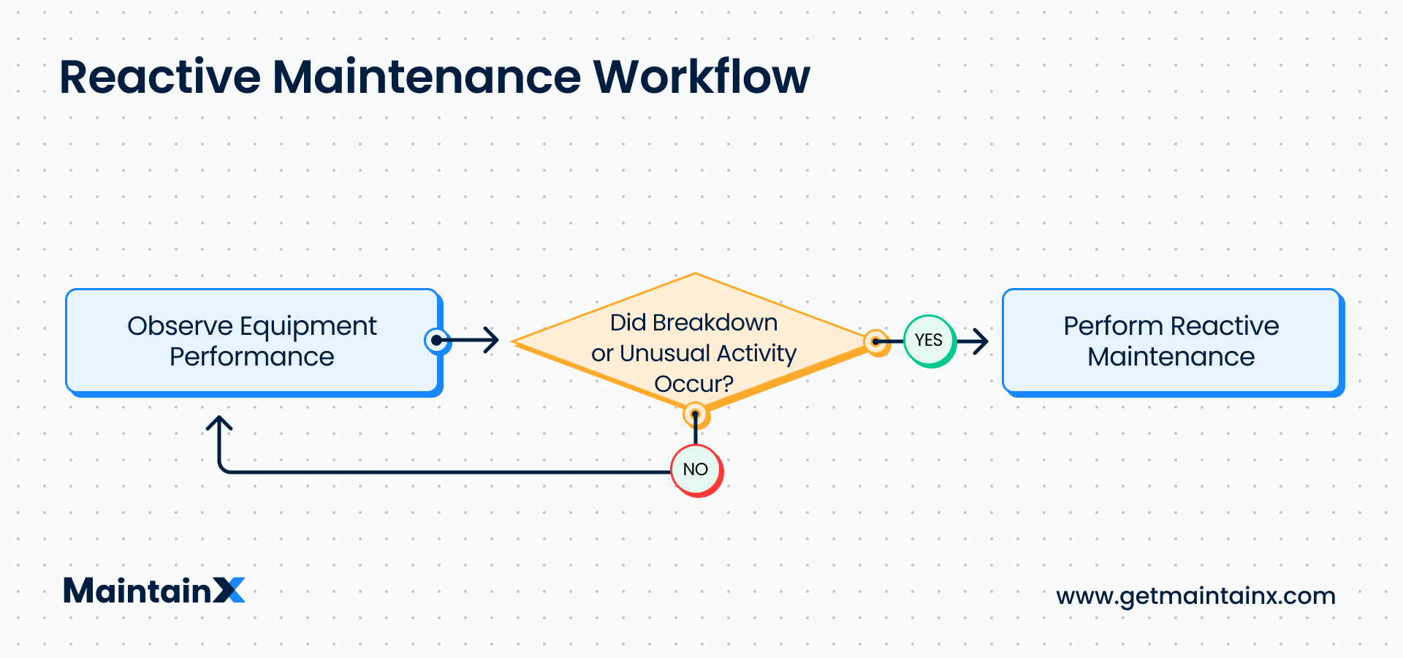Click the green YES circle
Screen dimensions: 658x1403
point(929,341)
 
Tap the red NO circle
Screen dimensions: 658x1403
point(696,469)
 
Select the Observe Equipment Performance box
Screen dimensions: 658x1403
point(252,341)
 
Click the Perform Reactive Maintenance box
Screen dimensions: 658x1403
point(1171,341)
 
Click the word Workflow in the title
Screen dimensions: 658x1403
point(701,77)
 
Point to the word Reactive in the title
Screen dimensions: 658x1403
point(160,77)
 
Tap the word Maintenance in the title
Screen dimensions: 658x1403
point(427,77)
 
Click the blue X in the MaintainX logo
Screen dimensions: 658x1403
point(229,590)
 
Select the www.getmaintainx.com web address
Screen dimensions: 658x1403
point(1195,596)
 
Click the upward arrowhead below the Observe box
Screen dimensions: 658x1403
point(219,424)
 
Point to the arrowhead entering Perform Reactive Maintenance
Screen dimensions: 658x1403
point(981,341)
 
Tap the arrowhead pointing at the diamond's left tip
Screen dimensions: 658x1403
point(492,340)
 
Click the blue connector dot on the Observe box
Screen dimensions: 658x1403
point(437,340)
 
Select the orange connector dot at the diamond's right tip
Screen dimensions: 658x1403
point(875,341)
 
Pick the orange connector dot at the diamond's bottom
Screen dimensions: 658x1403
point(695,415)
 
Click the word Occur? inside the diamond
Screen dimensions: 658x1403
point(693,384)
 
